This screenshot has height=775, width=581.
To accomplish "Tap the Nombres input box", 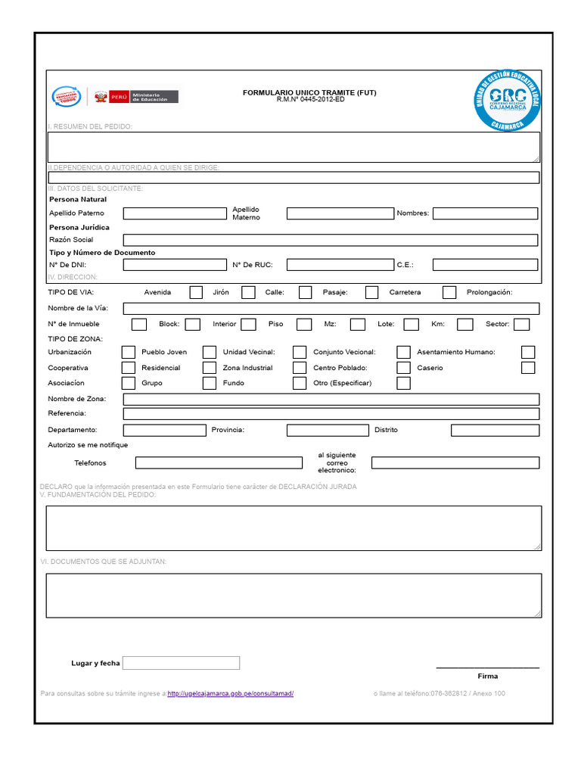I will pyautogui.click(x=485, y=213).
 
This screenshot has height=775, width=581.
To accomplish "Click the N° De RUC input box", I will pyautogui.click(x=340, y=265).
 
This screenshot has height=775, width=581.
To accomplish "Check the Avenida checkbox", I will pyautogui.click(x=196, y=292).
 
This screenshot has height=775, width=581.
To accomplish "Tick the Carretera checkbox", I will pyautogui.click(x=449, y=292).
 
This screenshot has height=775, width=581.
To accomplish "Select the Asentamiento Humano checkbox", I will pyautogui.click(x=528, y=352).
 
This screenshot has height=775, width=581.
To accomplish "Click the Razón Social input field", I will pyautogui.click(x=331, y=240).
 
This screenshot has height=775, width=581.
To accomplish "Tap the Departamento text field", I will pyautogui.click(x=164, y=430).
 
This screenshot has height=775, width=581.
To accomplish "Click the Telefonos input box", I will pyautogui.click(x=219, y=462).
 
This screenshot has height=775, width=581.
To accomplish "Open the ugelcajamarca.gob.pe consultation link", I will pyautogui.click(x=230, y=694).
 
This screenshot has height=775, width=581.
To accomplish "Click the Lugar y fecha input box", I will pyautogui.click(x=181, y=663).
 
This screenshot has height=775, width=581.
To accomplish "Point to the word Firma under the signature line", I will pyautogui.click(x=488, y=676).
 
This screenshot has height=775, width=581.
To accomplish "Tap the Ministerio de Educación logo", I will pyautogui.click(x=154, y=97).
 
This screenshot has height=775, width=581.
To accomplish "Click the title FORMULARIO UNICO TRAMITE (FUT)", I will pyautogui.click(x=309, y=92).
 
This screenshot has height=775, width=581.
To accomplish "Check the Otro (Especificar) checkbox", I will pyautogui.click(x=404, y=383).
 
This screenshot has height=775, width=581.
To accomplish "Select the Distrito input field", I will pyautogui.click(x=496, y=430).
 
